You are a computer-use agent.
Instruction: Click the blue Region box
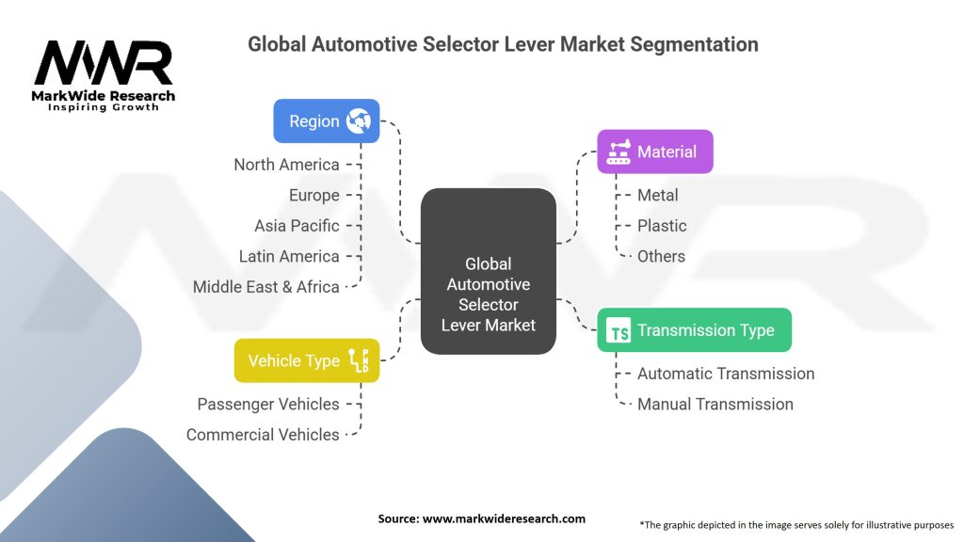coord(327,121)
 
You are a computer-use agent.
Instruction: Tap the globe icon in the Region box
coord(359,121)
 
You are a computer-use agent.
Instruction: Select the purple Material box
coord(655,151)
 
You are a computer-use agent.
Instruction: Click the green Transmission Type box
coord(695,330)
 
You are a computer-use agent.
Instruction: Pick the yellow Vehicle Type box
coord(307,360)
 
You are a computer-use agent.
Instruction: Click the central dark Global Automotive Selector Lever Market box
coord(489,271)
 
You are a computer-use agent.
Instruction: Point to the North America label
coord(286,165)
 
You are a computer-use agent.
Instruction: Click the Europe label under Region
coord(314,196)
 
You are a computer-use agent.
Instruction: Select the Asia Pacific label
coord(297,226)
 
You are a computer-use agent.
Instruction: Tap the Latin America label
coord(289,256)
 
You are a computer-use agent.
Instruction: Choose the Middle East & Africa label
coord(266,287)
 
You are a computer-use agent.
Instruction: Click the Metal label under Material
coord(658,196)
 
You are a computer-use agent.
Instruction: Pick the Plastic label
coord(662,226)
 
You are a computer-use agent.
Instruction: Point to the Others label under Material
coord(662,256)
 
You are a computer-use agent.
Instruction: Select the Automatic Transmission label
coord(726,374)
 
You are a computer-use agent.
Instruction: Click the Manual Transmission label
coord(715,405)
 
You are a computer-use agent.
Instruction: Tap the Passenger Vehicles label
coord(268,405)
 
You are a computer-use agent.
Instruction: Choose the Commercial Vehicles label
coord(263,435)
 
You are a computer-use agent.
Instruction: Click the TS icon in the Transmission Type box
coord(619,330)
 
